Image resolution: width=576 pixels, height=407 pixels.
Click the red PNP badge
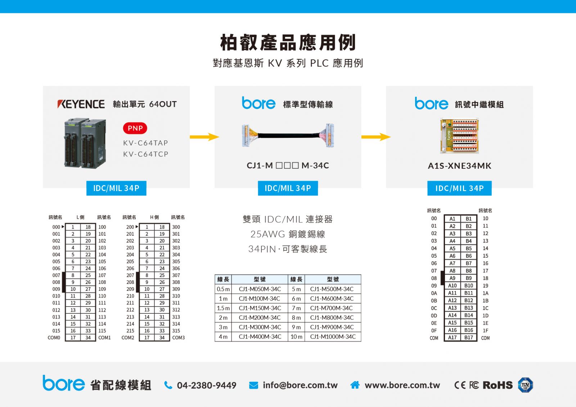135,128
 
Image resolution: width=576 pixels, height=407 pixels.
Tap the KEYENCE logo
81,104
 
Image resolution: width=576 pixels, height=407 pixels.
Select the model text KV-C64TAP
145,143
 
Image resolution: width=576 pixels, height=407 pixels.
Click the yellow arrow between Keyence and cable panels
204,137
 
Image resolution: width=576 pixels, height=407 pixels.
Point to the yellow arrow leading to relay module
376,137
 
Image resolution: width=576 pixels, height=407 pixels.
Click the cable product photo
288,135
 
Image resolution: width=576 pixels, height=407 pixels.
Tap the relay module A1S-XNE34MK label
459,166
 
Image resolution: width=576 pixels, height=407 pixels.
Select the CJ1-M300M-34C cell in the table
260,327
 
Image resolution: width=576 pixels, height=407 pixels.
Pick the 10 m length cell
296,336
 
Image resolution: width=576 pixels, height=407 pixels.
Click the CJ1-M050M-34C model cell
260,289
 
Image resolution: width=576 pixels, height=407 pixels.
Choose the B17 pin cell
468,337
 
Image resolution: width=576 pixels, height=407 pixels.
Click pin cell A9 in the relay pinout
452,278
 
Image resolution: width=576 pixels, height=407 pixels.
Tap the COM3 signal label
179,338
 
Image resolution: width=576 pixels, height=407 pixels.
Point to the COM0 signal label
54,338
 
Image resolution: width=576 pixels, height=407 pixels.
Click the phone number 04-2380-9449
207,385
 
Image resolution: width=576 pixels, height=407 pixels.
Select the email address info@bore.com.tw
300,385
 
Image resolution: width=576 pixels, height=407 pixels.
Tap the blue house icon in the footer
355,385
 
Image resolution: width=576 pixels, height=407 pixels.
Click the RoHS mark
498,385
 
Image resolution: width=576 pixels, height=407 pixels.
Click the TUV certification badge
525,385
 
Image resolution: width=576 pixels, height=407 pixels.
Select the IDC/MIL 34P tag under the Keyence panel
116,188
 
